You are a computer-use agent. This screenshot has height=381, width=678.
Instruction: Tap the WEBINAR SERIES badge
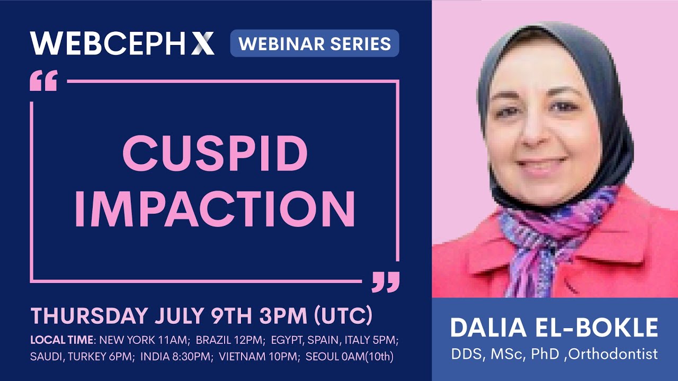tap(315, 43)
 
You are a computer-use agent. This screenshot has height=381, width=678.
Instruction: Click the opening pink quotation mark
tap(43, 83)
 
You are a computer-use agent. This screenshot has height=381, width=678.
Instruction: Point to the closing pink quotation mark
tap(385, 282)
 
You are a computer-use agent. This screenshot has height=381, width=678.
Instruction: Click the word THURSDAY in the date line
tap(89, 316)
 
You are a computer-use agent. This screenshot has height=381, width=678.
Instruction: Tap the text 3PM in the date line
tap(281, 316)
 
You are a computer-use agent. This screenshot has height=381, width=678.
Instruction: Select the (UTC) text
tap(343, 316)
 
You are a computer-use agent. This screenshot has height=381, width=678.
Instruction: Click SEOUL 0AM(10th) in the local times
tap(350, 357)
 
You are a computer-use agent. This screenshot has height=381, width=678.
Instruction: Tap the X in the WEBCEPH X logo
tap(203, 43)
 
